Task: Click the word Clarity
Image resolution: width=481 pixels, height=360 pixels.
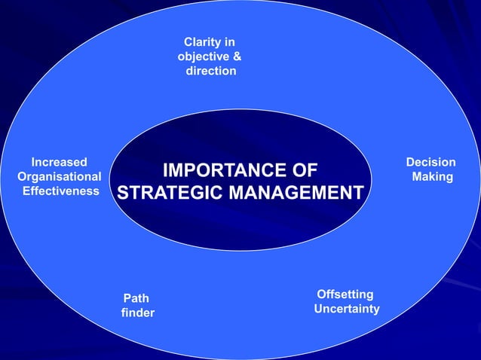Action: coord(203,41)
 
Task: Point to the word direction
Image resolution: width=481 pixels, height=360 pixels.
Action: coord(211,71)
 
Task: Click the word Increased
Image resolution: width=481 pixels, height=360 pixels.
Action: coord(58,162)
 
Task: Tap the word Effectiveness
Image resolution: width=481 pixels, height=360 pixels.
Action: coord(61,191)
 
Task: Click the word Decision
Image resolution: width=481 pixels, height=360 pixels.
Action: coord(430,162)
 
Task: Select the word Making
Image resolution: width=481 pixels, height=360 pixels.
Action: coord(432,177)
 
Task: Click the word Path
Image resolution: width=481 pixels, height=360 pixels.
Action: coord(136,298)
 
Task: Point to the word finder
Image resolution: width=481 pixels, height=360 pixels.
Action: coord(137,313)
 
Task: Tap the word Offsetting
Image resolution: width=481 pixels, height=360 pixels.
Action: coord(345,294)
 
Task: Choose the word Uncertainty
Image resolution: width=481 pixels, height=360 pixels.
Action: coord(347,310)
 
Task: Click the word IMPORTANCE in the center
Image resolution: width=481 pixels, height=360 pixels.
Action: coord(220,169)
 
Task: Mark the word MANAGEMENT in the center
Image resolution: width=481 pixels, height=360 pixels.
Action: coord(296,193)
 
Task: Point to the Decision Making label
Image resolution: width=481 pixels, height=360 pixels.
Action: coord(431,169)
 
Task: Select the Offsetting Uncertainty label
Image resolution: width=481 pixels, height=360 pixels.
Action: coord(346,302)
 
